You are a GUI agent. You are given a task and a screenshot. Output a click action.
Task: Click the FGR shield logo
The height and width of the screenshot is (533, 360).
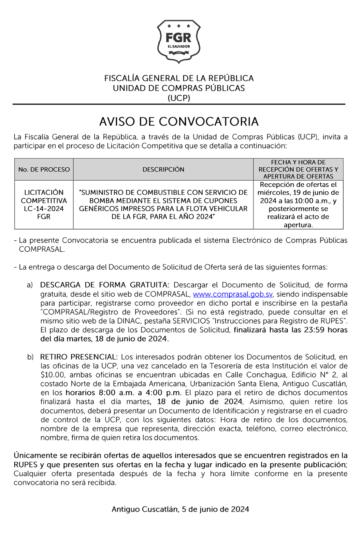tap(178, 41)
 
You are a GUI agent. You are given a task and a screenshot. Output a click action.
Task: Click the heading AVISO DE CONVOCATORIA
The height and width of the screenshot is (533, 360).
tap(179, 122)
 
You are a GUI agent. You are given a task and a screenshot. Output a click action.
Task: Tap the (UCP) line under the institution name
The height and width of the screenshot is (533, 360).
tap(179, 98)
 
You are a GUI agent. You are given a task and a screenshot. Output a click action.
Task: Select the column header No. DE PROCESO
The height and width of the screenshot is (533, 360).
tap(44, 169)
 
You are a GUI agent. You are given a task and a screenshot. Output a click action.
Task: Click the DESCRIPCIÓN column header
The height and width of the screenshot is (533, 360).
tap(163, 169)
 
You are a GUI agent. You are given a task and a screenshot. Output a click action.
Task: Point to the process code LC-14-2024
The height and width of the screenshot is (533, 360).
tap(44, 209)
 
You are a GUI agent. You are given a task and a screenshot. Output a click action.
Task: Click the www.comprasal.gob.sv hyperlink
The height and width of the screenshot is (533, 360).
tap(233, 294)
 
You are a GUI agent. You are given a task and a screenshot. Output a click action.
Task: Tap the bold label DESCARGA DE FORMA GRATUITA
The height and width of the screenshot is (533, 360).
tap(104, 285)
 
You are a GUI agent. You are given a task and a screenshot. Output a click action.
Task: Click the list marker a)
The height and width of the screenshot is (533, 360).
tap(30, 285)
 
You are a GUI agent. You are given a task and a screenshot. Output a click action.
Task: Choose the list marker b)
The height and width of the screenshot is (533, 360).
tap(30, 357)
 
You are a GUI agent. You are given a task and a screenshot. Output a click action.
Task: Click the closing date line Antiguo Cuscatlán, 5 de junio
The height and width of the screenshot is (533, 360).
tap(180, 509)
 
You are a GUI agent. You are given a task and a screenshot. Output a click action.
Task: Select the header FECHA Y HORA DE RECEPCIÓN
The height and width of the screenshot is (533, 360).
tap(298, 166)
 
